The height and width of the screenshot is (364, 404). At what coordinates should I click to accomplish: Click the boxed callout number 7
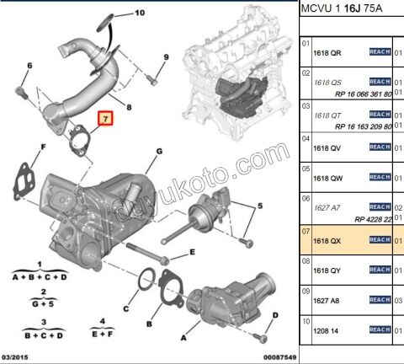point(105,120)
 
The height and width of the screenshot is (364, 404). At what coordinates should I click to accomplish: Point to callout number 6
point(29,66)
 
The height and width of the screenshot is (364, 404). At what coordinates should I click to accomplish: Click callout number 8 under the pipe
point(128,109)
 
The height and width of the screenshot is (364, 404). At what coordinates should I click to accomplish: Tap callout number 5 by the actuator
point(260,206)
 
